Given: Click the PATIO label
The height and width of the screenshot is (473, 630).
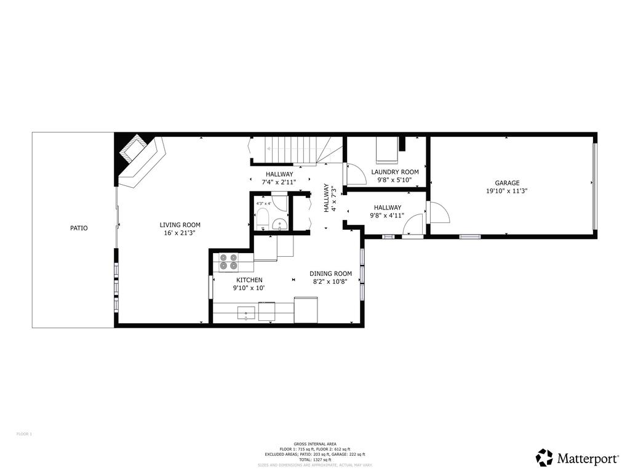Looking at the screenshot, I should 78,228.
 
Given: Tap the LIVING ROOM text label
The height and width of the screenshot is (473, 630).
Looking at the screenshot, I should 180,225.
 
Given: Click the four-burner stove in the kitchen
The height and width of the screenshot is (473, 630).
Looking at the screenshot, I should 228,262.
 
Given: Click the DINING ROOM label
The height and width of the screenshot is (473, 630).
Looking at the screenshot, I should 330,273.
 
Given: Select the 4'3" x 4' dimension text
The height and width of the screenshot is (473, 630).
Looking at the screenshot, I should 263,203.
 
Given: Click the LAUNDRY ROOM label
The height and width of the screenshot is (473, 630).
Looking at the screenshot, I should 395,172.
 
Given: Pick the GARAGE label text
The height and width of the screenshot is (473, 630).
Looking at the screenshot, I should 507,183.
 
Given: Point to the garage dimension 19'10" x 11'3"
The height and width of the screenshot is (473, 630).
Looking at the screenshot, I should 507,191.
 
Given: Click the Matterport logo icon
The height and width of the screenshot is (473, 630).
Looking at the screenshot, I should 544,458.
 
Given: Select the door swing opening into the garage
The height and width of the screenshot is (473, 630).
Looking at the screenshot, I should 439,213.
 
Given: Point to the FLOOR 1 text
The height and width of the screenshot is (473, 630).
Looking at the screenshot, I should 24,434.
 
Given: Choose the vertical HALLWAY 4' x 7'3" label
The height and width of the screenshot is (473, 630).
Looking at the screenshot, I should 330,199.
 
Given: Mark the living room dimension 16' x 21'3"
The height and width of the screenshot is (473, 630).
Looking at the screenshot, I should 180,233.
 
